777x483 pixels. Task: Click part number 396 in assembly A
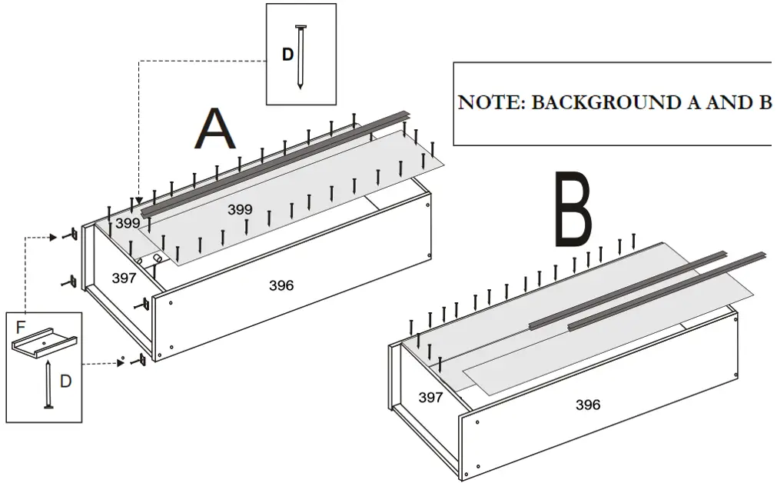click(x=281, y=285)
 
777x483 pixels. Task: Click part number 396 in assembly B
click(x=588, y=405)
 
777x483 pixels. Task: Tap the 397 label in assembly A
click(x=124, y=278)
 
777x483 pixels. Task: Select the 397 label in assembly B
click(x=430, y=397)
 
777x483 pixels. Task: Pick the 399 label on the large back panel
click(x=240, y=209)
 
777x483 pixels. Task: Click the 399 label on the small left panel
click(x=128, y=224)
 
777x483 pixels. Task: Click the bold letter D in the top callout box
click(x=287, y=55)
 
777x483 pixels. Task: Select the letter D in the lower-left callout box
click(x=66, y=381)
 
